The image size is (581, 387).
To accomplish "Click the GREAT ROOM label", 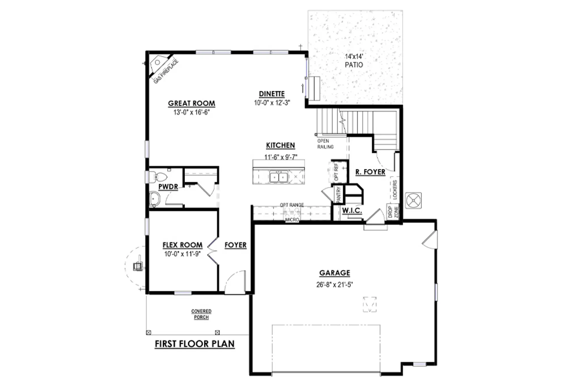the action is [191, 103].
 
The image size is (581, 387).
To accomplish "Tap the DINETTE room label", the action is [272, 94].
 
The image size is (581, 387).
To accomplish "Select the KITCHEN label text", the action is [280, 145].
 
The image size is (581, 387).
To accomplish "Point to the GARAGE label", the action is [334, 273].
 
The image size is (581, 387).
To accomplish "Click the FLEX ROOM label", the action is [182, 245].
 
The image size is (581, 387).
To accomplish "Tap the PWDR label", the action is [168, 187].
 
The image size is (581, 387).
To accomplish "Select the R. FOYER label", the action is [370, 172].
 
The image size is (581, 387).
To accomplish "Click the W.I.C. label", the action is [352, 211].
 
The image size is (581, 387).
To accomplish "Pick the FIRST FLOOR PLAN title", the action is [195, 344].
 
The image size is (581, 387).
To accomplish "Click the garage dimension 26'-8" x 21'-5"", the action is [334, 284].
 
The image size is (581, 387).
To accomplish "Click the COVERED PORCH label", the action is [201, 314].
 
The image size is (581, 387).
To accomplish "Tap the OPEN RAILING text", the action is [325, 144].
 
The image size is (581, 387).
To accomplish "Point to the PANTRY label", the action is [338, 194].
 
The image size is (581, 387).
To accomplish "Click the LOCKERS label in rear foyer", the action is [395, 190].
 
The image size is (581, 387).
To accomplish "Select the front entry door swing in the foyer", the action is [235, 282].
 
